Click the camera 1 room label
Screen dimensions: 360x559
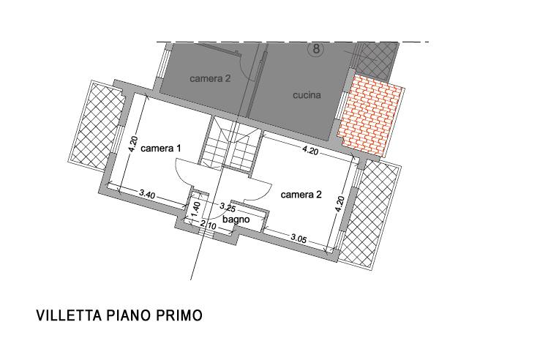coord(161,148)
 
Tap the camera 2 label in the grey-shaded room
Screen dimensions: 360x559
coord(210,78)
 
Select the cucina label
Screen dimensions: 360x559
coord(307,95)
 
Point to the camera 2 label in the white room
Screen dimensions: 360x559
coord(301,195)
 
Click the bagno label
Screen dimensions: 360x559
coord(236,219)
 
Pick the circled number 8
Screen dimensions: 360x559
coord(317,50)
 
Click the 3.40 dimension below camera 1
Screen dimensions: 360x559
coord(147,195)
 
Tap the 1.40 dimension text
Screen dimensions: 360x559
coord(196,207)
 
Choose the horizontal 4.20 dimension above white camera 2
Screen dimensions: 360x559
coord(309,152)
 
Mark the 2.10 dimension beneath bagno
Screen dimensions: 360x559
coord(207,226)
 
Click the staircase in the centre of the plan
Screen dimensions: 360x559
coord(230,146)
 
